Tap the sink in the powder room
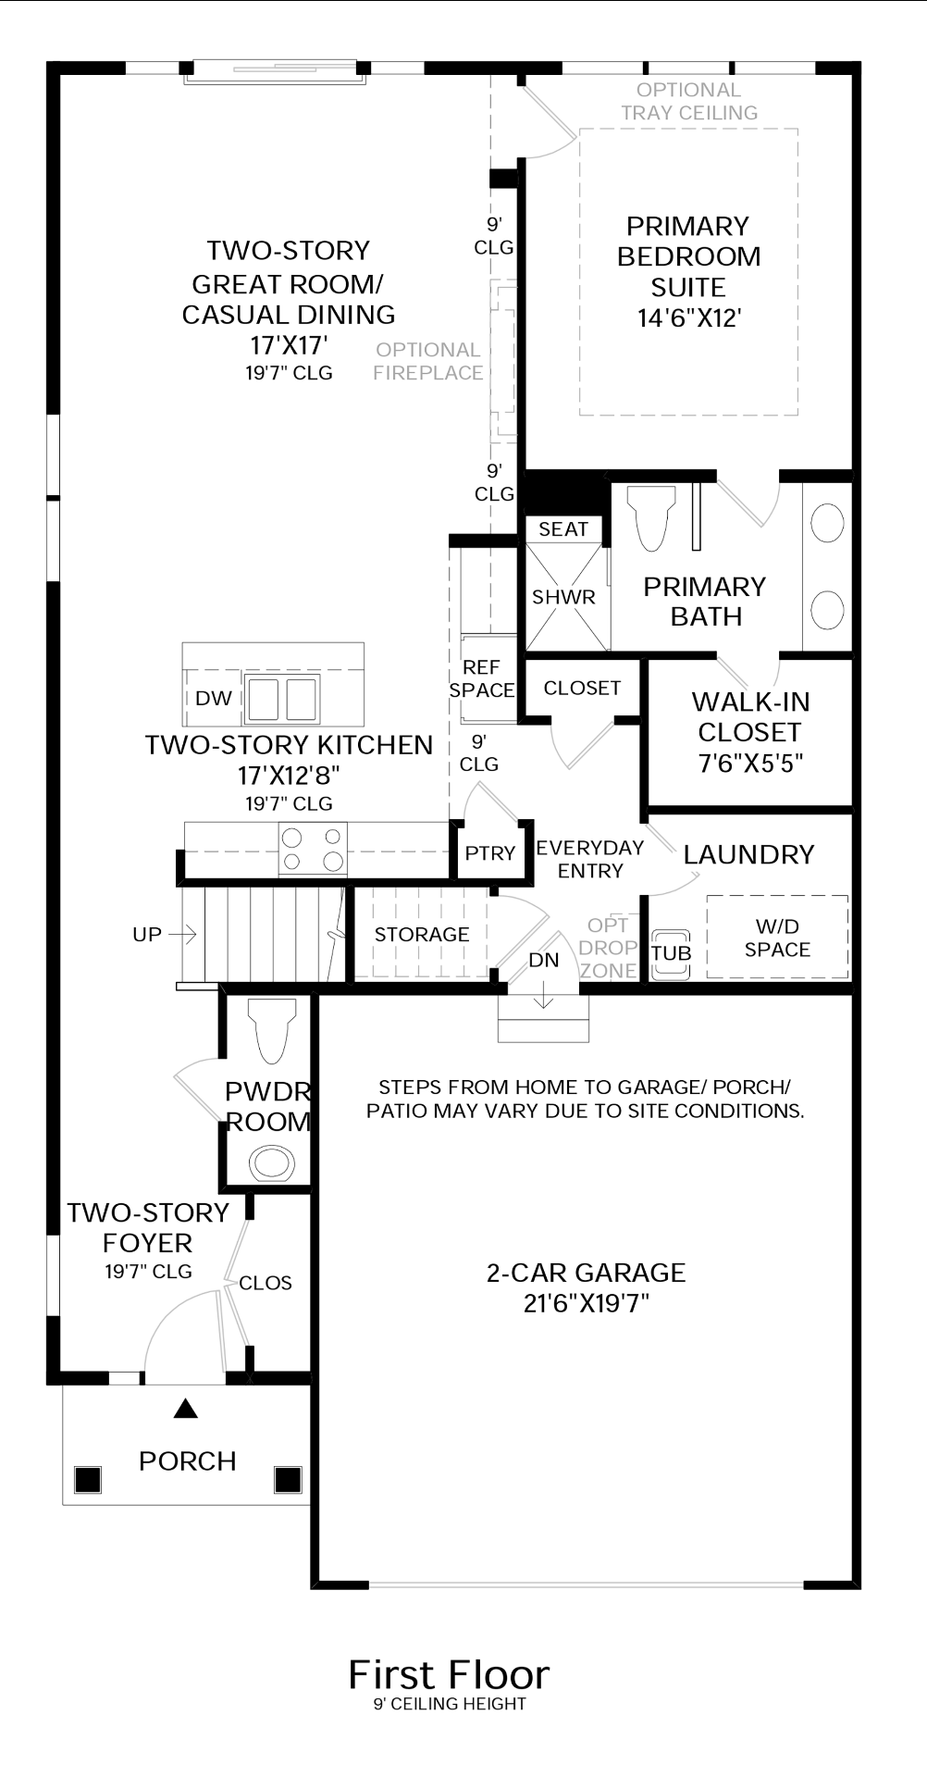pyautogui.click(x=272, y=1162)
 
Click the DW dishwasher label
pyautogui.click(x=214, y=699)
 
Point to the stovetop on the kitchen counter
pyautogui.click(x=313, y=849)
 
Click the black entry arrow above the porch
pyautogui.click(x=187, y=1409)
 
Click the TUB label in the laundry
pyautogui.click(x=671, y=953)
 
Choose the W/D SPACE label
pyautogui.click(x=777, y=938)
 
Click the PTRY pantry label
pyautogui.click(x=490, y=853)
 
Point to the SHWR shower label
pyautogui.click(x=563, y=597)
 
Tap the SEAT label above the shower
pyautogui.click(x=563, y=528)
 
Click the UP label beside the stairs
pyautogui.click(x=147, y=935)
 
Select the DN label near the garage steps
pyautogui.click(x=544, y=961)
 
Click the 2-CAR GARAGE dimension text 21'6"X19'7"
pyautogui.click(x=587, y=1303)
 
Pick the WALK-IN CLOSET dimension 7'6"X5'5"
pyautogui.click(x=750, y=763)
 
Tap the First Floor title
pyautogui.click(x=449, y=1675)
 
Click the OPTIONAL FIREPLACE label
pyautogui.click(x=428, y=361)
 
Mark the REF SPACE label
pyautogui.click(x=482, y=678)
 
